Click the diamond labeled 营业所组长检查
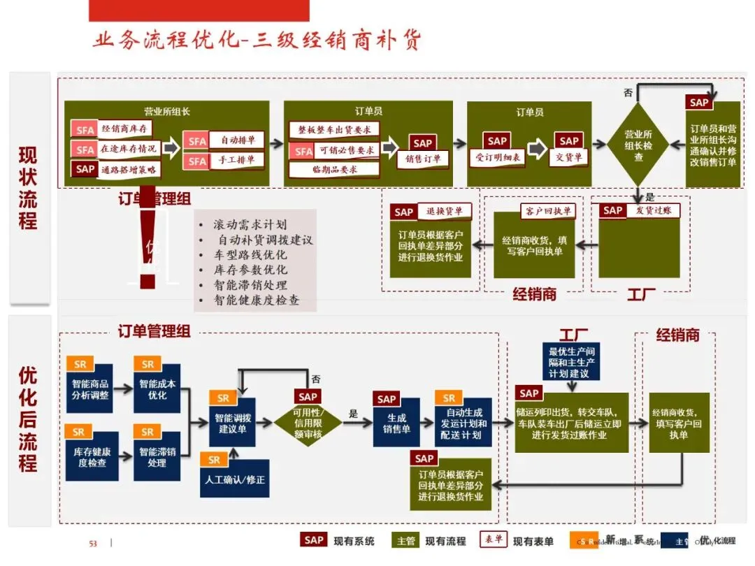(638, 145)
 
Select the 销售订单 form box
(423, 159)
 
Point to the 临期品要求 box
(334, 169)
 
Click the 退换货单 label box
(444, 211)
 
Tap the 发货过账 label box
(653, 210)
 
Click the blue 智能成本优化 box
(157, 389)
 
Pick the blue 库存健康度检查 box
(90, 457)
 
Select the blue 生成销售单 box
(396, 423)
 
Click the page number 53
(92, 544)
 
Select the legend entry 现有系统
(354, 541)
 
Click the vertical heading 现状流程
(29, 187)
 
